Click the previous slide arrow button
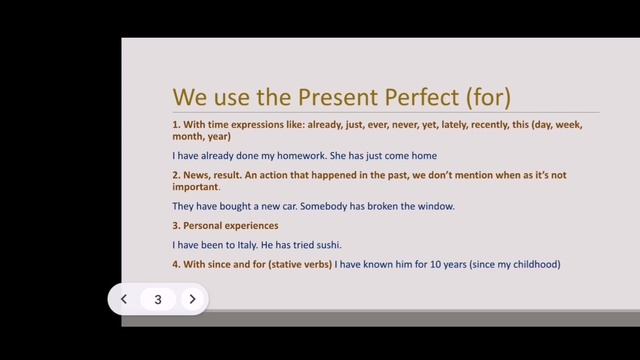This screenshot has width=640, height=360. [x=124, y=299]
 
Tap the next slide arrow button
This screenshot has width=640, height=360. [x=192, y=299]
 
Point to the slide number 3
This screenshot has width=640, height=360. [x=158, y=299]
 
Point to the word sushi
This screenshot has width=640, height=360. [x=339, y=245]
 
